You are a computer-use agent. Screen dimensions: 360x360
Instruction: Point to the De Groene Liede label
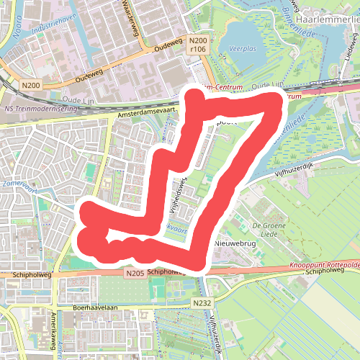[265, 230]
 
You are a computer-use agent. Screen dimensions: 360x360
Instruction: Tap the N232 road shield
[202, 304]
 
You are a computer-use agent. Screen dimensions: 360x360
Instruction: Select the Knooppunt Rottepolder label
[325, 266]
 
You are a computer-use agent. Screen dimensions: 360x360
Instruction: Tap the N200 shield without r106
[31, 85]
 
